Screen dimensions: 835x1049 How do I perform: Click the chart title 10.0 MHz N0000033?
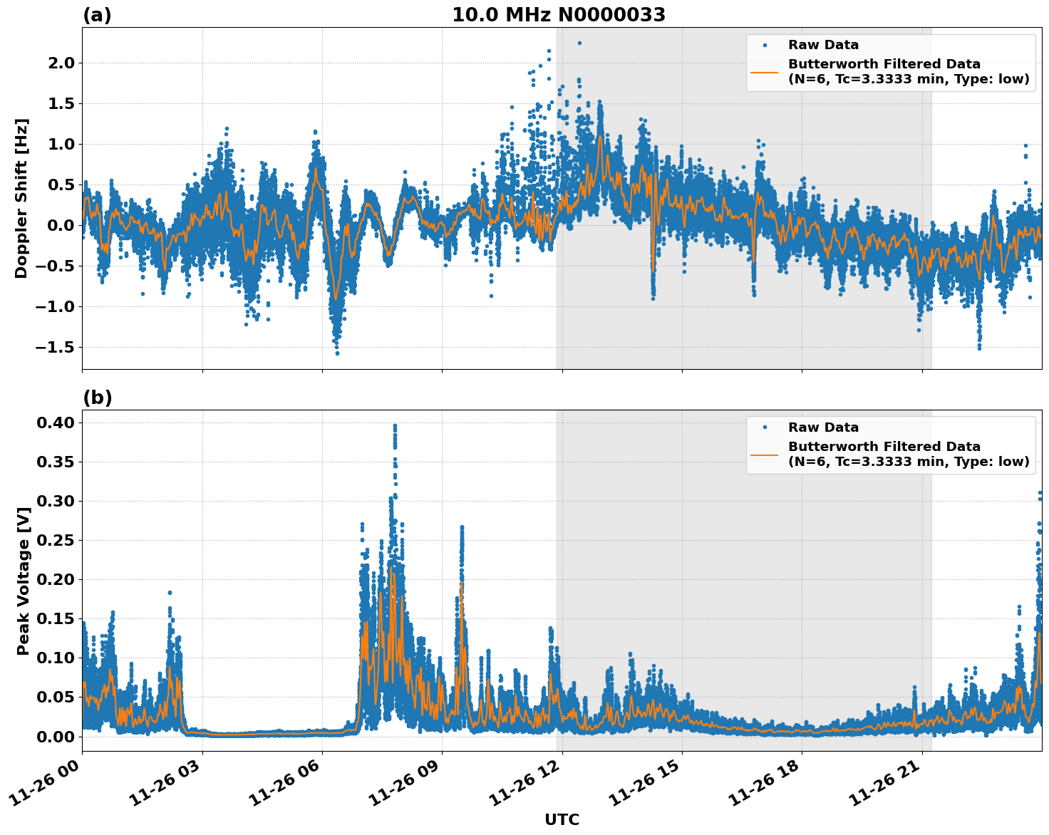coord(559,15)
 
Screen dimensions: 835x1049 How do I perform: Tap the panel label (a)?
coord(97,15)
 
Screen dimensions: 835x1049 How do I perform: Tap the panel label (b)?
coord(97,398)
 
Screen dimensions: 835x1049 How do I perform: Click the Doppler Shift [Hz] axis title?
coord(21,198)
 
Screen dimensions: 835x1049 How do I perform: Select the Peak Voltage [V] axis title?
coord(24,581)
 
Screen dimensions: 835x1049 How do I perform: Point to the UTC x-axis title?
coord(562,819)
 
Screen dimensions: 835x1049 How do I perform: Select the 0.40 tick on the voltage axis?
coord(55,422)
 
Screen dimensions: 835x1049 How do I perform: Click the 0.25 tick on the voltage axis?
coord(55,540)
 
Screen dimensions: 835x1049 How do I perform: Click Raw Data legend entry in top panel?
coord(823,45)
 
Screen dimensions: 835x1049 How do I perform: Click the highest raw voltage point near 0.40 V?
coord(395,426)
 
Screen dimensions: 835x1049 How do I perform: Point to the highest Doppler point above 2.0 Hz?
coord(579,43)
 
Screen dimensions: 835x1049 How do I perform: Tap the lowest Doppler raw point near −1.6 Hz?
coord(337,353)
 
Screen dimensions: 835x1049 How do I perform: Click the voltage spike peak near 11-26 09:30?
coord(462,527)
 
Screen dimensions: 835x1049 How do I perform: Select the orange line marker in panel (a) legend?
coord(765,71)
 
